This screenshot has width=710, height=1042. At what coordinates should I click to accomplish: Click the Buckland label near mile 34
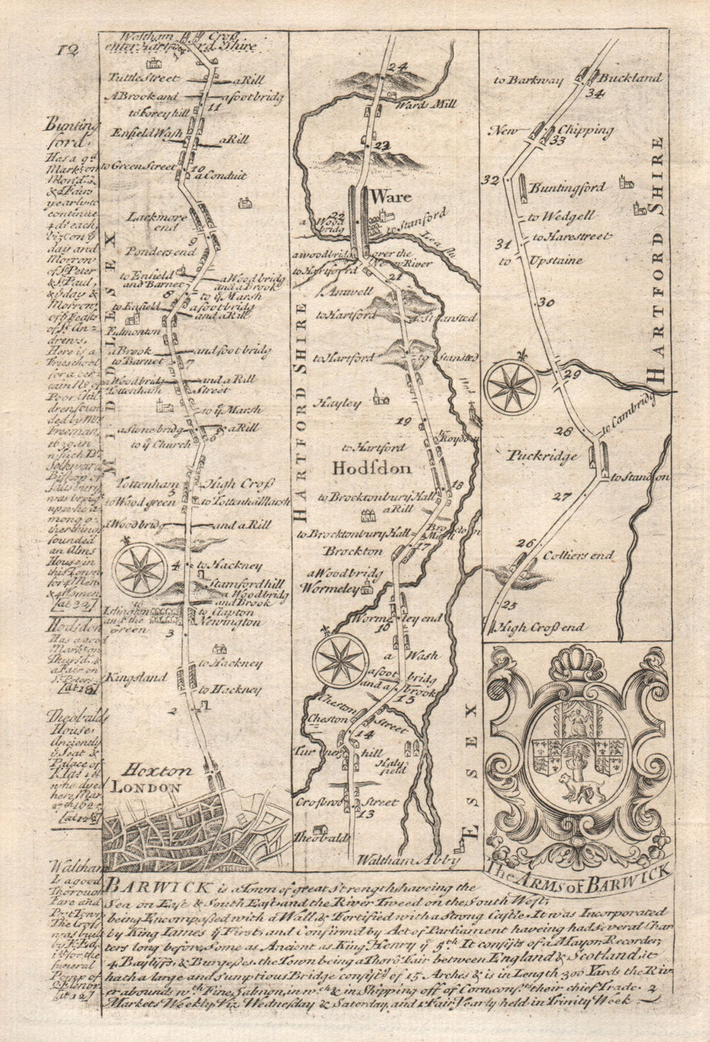[x=626, y=78]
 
